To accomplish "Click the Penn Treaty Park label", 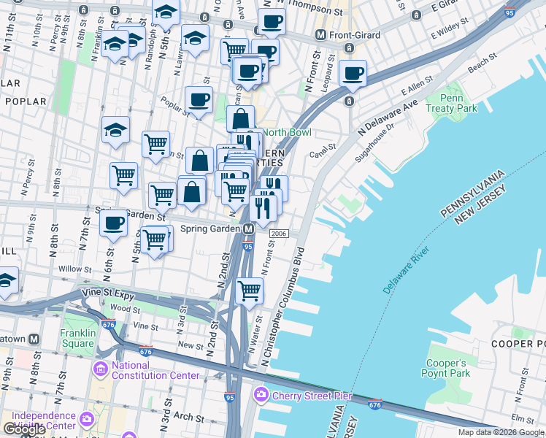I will pos(458,103).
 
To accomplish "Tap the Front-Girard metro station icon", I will pos(320,34).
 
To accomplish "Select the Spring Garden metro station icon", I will pos(248,229).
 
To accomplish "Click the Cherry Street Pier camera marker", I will pos(261,396).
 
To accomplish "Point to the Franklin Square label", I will pos(78,337).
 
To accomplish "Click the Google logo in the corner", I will pos(24,429).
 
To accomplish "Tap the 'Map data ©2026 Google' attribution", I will pos(501,432).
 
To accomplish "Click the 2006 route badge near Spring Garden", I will pos(278,233).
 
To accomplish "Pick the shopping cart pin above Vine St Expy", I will pos(250,290).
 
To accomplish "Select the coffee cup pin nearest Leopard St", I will pos(353,73).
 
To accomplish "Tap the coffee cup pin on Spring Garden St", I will pos(113,223).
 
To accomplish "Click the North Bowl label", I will pos(287,132).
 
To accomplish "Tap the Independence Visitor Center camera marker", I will pos(87,420).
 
